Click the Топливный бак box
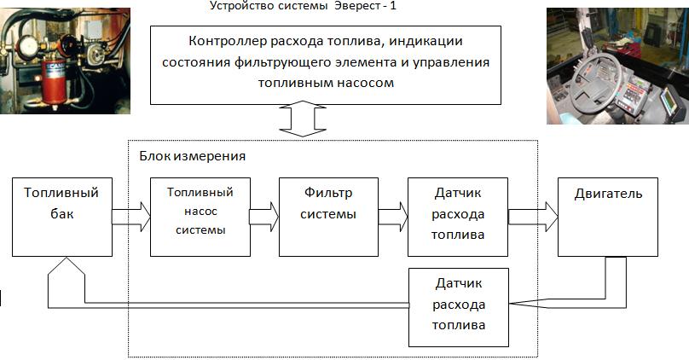pyautogui.click(x=61, y=217)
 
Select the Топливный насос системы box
pyautogui.click(x=200, y=217)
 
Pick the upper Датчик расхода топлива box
pyautogui.click(x=458, y=217)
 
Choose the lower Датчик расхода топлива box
pyautogui.click(x=458, y=306)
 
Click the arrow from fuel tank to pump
pyautogui.click(x=131, y=217)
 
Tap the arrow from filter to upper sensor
pyautogui.click(x=393, y=217)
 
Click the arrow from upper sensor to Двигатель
pyautogui.click(x=533, y=217)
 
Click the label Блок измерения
pyautogui.click(x=192, y=157)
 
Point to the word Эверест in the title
pyautogui.click(x=363, y=6)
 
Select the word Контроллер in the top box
pyautogui.click(x=224, y=41)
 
